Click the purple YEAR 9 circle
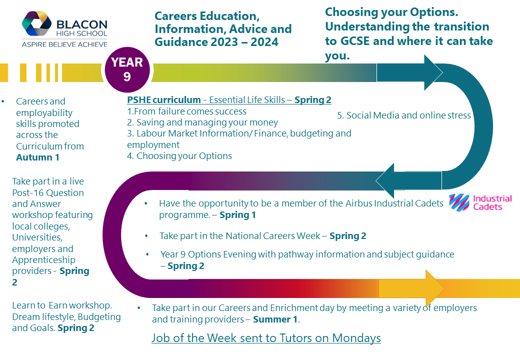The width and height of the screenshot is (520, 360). (127, 70)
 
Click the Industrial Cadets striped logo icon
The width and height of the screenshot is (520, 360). (459, 202)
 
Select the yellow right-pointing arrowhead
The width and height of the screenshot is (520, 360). (435, 288)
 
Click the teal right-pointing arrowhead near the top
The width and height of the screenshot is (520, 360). (433, 72)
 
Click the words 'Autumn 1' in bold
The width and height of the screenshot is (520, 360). (38, 157)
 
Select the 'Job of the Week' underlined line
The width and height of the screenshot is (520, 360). (266, 338)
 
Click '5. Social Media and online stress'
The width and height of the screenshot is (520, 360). (404, 115)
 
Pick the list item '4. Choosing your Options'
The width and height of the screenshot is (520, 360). (179, 156)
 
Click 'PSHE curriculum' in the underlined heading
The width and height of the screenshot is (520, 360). (164, 100)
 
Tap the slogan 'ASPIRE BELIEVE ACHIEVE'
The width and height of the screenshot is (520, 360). (64, 44)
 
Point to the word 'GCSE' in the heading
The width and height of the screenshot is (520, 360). (355, 41)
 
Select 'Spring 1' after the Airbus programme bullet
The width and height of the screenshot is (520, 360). (238, 215)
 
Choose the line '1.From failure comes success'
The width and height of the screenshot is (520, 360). (186, 111)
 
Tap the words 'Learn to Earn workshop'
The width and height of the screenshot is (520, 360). (61, 305)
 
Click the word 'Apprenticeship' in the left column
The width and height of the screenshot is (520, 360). (44, 260)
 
